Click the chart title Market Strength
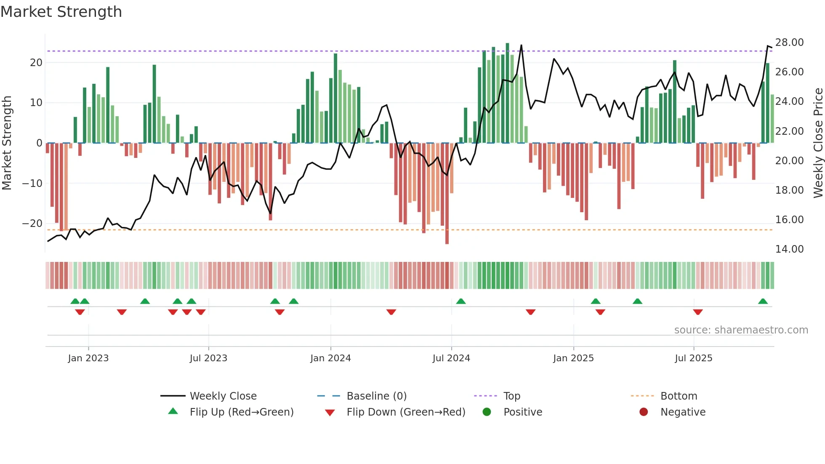click(x=61, y=12)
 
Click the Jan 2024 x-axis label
click(x=330, y=358)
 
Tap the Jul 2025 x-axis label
click(x=693, y=358)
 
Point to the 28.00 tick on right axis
click(x=789, y=43)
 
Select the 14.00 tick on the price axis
click(x=789, y=249)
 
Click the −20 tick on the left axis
click(x=32, y=224)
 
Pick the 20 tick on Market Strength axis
click(x=36, y=63)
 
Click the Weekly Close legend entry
click(x=223, y=396)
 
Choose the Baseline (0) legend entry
click(x=376, y=396)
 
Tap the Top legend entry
click(x=512, y=396)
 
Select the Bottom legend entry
click(x=679, y=396)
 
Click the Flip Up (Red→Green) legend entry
click(x=241, y=412)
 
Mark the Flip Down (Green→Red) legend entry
click(x=406, y=412)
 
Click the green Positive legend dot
click(x=487, y=412)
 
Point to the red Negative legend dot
click(x=644, y=412)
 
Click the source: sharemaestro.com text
click(x=741, y=330)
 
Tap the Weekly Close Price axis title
click(x=818, y=143)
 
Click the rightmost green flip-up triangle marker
click(x=763, y=301)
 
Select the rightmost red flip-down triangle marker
click(x=698, y=312)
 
